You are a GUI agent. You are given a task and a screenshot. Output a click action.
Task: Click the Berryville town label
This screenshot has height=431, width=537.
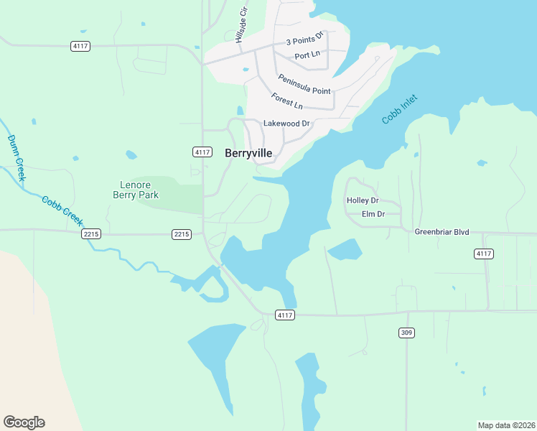pos(248,153)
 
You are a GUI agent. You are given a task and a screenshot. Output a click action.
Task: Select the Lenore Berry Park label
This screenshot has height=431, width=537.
pos(136,190)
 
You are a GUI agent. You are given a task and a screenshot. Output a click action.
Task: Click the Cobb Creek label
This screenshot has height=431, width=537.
pos(62,213)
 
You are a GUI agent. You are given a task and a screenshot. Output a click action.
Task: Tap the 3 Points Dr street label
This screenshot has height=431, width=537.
pos(305,39)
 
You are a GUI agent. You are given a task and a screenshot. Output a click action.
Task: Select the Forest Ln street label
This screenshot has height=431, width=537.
pos(287,101)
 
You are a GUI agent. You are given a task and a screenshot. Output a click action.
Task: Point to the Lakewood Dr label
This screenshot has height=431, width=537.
pos(286,124)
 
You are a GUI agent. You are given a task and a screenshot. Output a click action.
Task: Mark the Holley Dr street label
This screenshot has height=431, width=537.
pos(362,200)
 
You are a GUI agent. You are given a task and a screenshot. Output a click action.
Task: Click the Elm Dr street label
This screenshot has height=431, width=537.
pos(373,214)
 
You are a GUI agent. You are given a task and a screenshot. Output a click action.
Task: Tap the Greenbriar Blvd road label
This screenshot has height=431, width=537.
pos(442,232)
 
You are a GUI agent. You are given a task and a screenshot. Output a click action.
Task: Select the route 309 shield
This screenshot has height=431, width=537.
pos(406,333)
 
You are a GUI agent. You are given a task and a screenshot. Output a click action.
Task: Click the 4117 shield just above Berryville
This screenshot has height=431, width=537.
pos(202,152)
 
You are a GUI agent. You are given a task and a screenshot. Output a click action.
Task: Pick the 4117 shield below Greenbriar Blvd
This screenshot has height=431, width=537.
pos(484,254)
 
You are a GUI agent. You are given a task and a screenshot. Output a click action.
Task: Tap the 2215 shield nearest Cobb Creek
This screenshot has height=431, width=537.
pos(91,234)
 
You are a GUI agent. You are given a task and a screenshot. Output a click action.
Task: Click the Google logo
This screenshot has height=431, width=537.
pos(24,422)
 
